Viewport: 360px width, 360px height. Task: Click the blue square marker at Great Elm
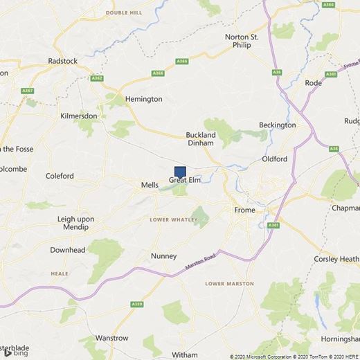180,172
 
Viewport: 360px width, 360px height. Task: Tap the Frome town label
245,210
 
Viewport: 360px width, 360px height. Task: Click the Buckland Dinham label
202,138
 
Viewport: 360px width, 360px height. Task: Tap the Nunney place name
164,256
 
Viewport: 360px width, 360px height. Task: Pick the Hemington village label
143,99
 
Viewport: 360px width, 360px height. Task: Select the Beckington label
277,125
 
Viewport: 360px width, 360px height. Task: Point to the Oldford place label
274,159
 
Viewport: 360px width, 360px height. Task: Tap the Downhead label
67,250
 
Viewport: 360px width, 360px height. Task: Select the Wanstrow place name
112,339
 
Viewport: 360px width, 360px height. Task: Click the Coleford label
60,177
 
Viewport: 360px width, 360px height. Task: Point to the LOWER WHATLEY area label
174,219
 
